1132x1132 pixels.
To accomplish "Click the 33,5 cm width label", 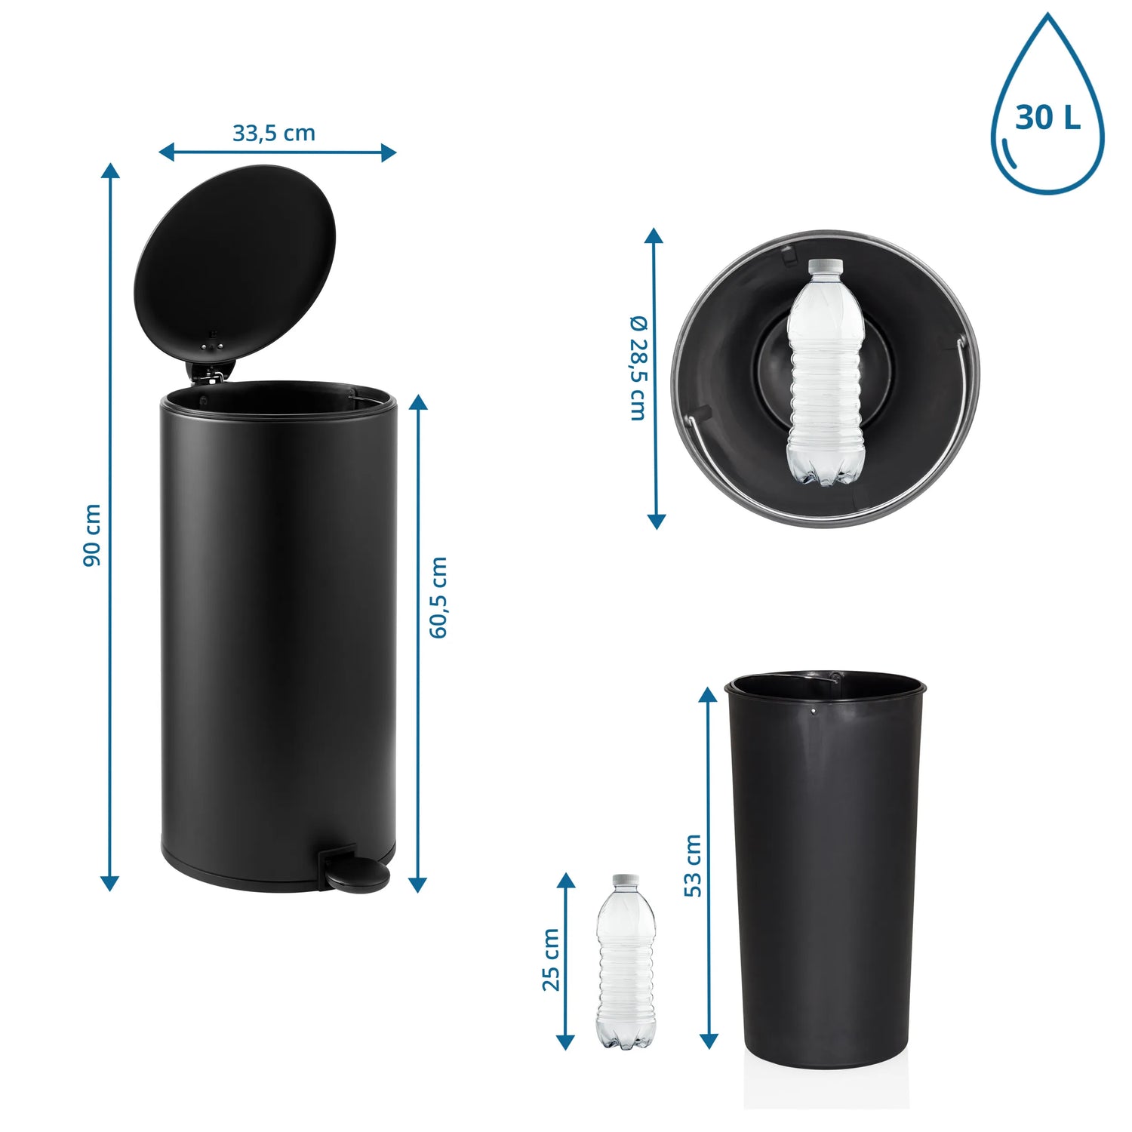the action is (273, 134).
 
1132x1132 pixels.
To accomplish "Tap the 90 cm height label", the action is (92, 536).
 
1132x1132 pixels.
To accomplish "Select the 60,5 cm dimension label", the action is (438, 598).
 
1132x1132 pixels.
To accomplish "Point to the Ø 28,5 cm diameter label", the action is (638, 368).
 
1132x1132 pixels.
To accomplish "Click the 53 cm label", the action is (693, 866).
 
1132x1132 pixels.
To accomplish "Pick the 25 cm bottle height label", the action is (551, 960).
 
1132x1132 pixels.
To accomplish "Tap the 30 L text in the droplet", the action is (1047, 118).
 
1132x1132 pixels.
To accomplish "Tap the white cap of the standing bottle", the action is (626, 881).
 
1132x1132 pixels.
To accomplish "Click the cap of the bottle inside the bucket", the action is (826, 266).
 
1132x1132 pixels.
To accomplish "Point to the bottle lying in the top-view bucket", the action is (826, 371).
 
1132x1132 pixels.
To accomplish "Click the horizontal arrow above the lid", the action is (278, 152).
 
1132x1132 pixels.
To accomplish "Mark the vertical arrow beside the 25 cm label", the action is (565, 961).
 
